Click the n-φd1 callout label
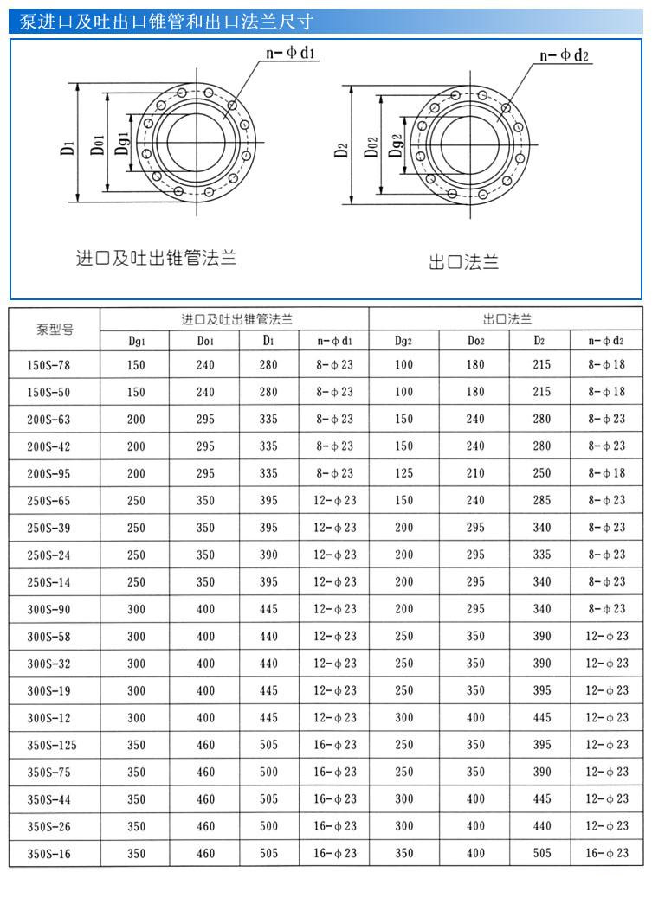pyautogui.click(x=293, y=54)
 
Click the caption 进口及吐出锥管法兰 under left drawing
pyautogui.click(x=156, y=257)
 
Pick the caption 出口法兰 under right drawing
pyautogui.click(x=464, y=261)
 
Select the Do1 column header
pyautogui.click(x=205, y=341)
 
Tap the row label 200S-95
pyautogui.click(x=48, y=473)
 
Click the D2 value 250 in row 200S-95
pyautogui.click(x=542, y=473)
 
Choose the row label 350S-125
pyautogui.click(x=52, y=745)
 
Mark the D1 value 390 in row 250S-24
pyautogui.click(x=268, y=555)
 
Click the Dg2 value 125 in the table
pyautogui.click(x=404, y=473)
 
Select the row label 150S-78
pyautogui.click(x=48, y=365)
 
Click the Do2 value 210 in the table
pyautogui.click(x=475, y=473)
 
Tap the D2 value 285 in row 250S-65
pyautogui.click(x=542, y=500)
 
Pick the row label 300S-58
pyautogui.click(x=48, y=637)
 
